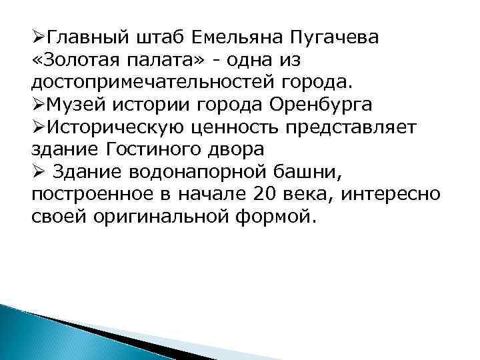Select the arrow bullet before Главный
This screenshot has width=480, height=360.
point(39,37)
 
